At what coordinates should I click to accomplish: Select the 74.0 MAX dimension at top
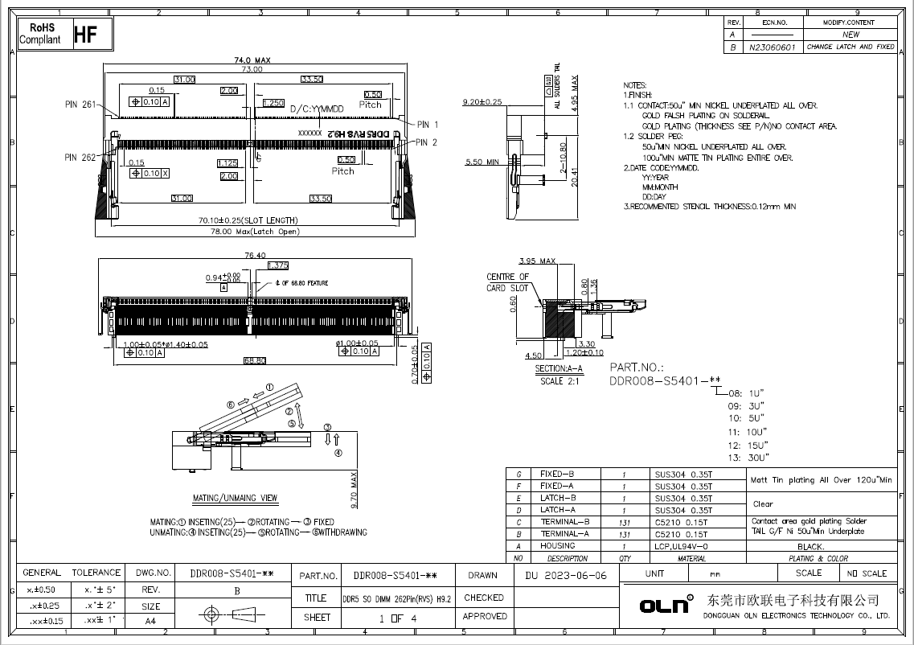(x=252, y=60)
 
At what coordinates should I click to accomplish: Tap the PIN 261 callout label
(x=80, y=105)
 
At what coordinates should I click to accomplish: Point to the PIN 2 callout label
(x=427, y=142)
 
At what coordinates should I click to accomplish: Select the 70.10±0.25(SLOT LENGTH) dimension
(x=248, y=220)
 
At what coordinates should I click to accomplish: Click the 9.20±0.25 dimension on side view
(x=482, y=102)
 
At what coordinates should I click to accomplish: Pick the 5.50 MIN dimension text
(x=482, y=162)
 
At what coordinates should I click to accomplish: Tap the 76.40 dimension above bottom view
(x=255, y=256)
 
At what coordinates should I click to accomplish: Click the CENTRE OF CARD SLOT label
(x=507, y=282)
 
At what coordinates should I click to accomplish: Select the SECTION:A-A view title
(x=558, y=369)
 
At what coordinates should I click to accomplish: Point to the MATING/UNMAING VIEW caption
(x=235, y=498)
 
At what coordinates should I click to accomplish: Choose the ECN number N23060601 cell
(x=772, y=47)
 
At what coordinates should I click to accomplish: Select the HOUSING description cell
(x=558, y=546)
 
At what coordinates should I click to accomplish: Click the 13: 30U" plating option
(x=746, y=458)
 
